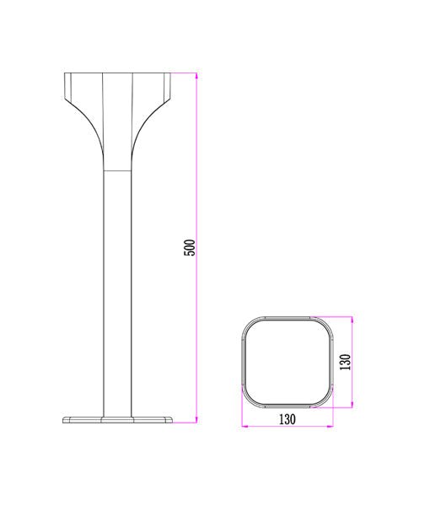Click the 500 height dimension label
pos(191,247)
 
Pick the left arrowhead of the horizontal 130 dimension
pos(245,427)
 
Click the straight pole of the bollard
pos(118,287)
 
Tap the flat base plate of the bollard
pos(118,418)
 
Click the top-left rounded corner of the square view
pos(250,325)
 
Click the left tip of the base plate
pos(64,418)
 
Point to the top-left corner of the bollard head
pos(65,75)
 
